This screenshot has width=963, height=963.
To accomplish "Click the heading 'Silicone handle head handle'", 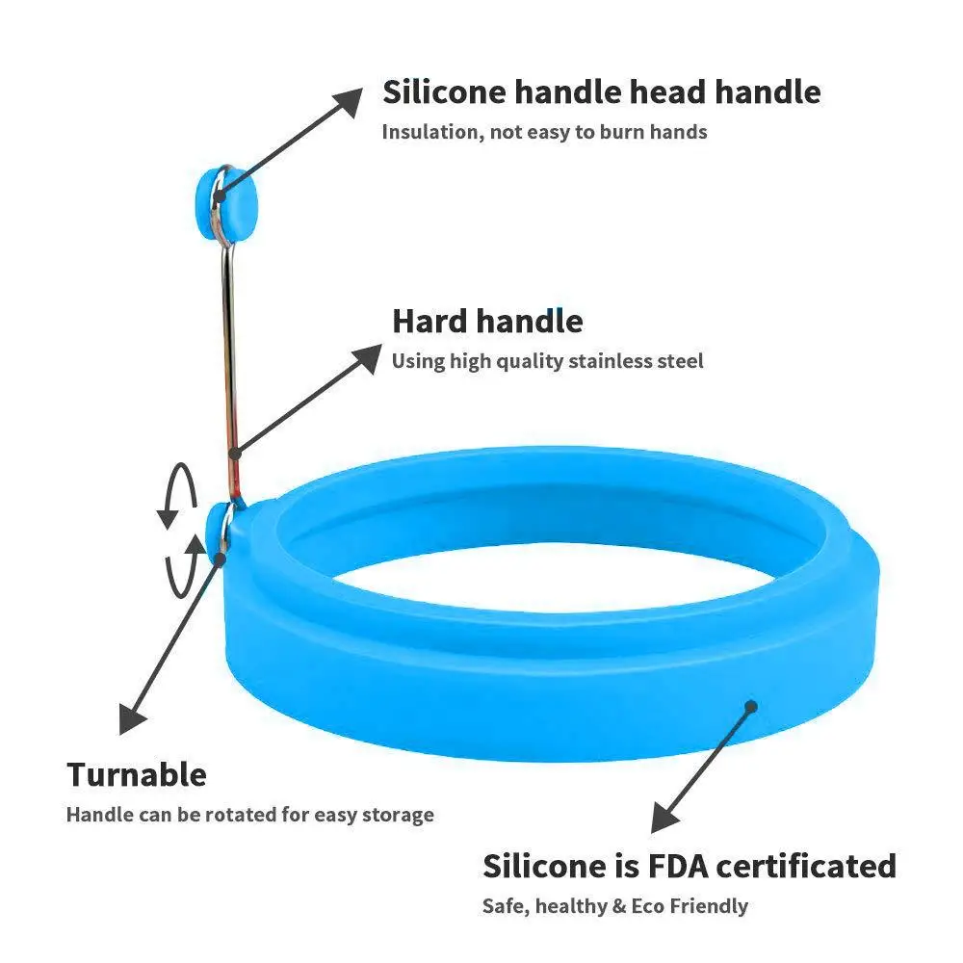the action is tap(601, 93).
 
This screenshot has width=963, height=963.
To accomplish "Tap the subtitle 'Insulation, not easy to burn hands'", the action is tap(544, 132).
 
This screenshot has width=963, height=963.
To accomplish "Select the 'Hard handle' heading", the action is tap(487, 321).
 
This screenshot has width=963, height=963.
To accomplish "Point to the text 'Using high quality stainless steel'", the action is tap(547, 362).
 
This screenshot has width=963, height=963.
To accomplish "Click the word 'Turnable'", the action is tap(137, 774).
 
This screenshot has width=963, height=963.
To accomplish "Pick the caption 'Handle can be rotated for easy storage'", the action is tap(250, 815).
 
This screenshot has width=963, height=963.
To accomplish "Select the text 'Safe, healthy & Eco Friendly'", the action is tap(614, 906).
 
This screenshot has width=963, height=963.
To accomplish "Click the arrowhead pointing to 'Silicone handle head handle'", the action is tap(349, 98).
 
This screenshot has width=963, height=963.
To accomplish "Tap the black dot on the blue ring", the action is tap(750, 707).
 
